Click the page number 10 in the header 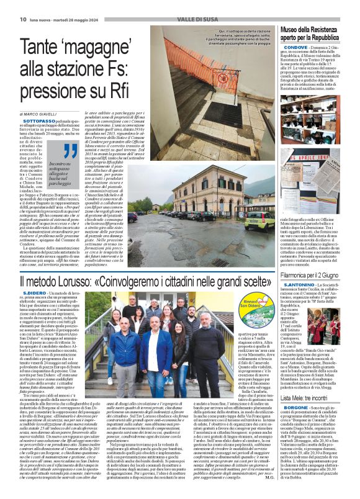tap(22, 19)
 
